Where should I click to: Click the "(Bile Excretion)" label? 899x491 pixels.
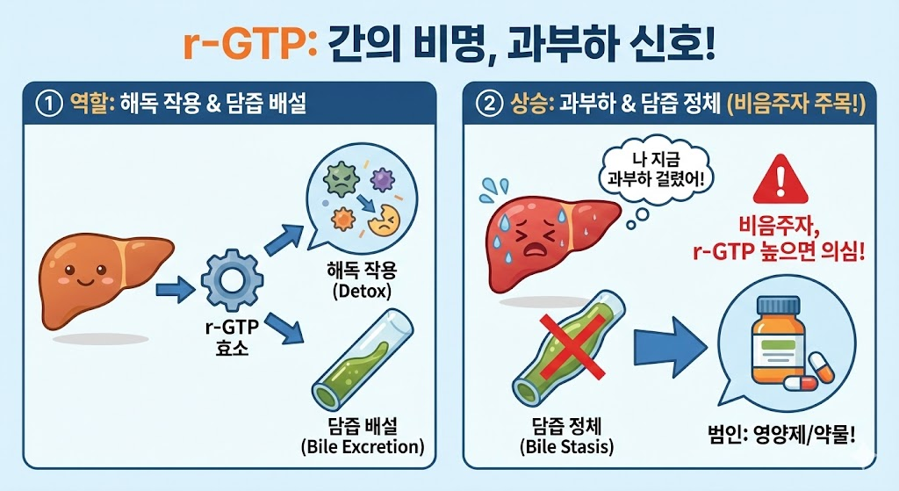361,447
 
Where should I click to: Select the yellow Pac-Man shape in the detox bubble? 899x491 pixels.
384,223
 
